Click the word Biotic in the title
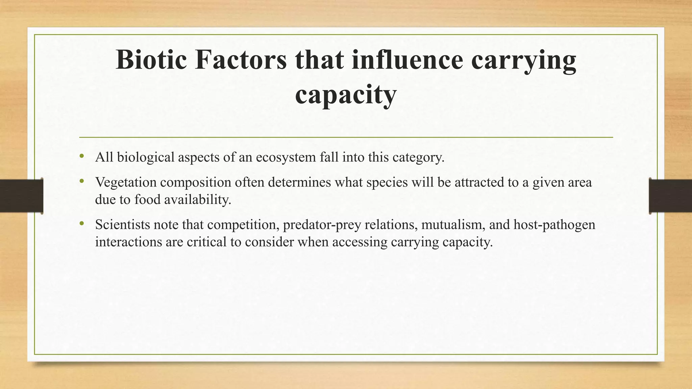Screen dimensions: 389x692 tap(151, 60)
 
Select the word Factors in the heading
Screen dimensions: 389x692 tap(241, 60)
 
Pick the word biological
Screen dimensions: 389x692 tap(145, 157)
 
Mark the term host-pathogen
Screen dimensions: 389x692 tap(554, 225)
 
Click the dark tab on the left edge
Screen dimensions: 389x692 tap(21, 196)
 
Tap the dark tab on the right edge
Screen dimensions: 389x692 tap(670, 196)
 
